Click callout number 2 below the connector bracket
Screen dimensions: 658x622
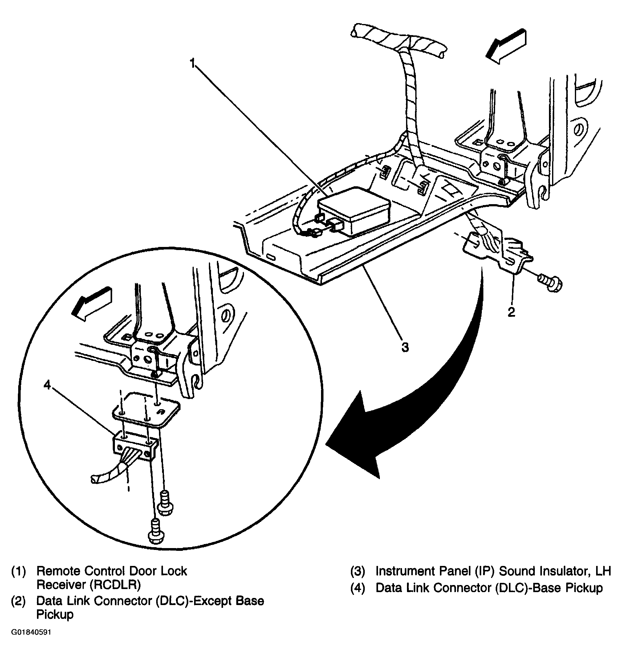click(511, 312)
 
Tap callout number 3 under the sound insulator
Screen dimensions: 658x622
click(405, 347)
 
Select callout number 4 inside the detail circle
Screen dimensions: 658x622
click(47, 385)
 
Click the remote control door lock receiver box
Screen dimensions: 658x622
click(354, 211)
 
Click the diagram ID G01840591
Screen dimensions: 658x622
click(31, 632)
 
